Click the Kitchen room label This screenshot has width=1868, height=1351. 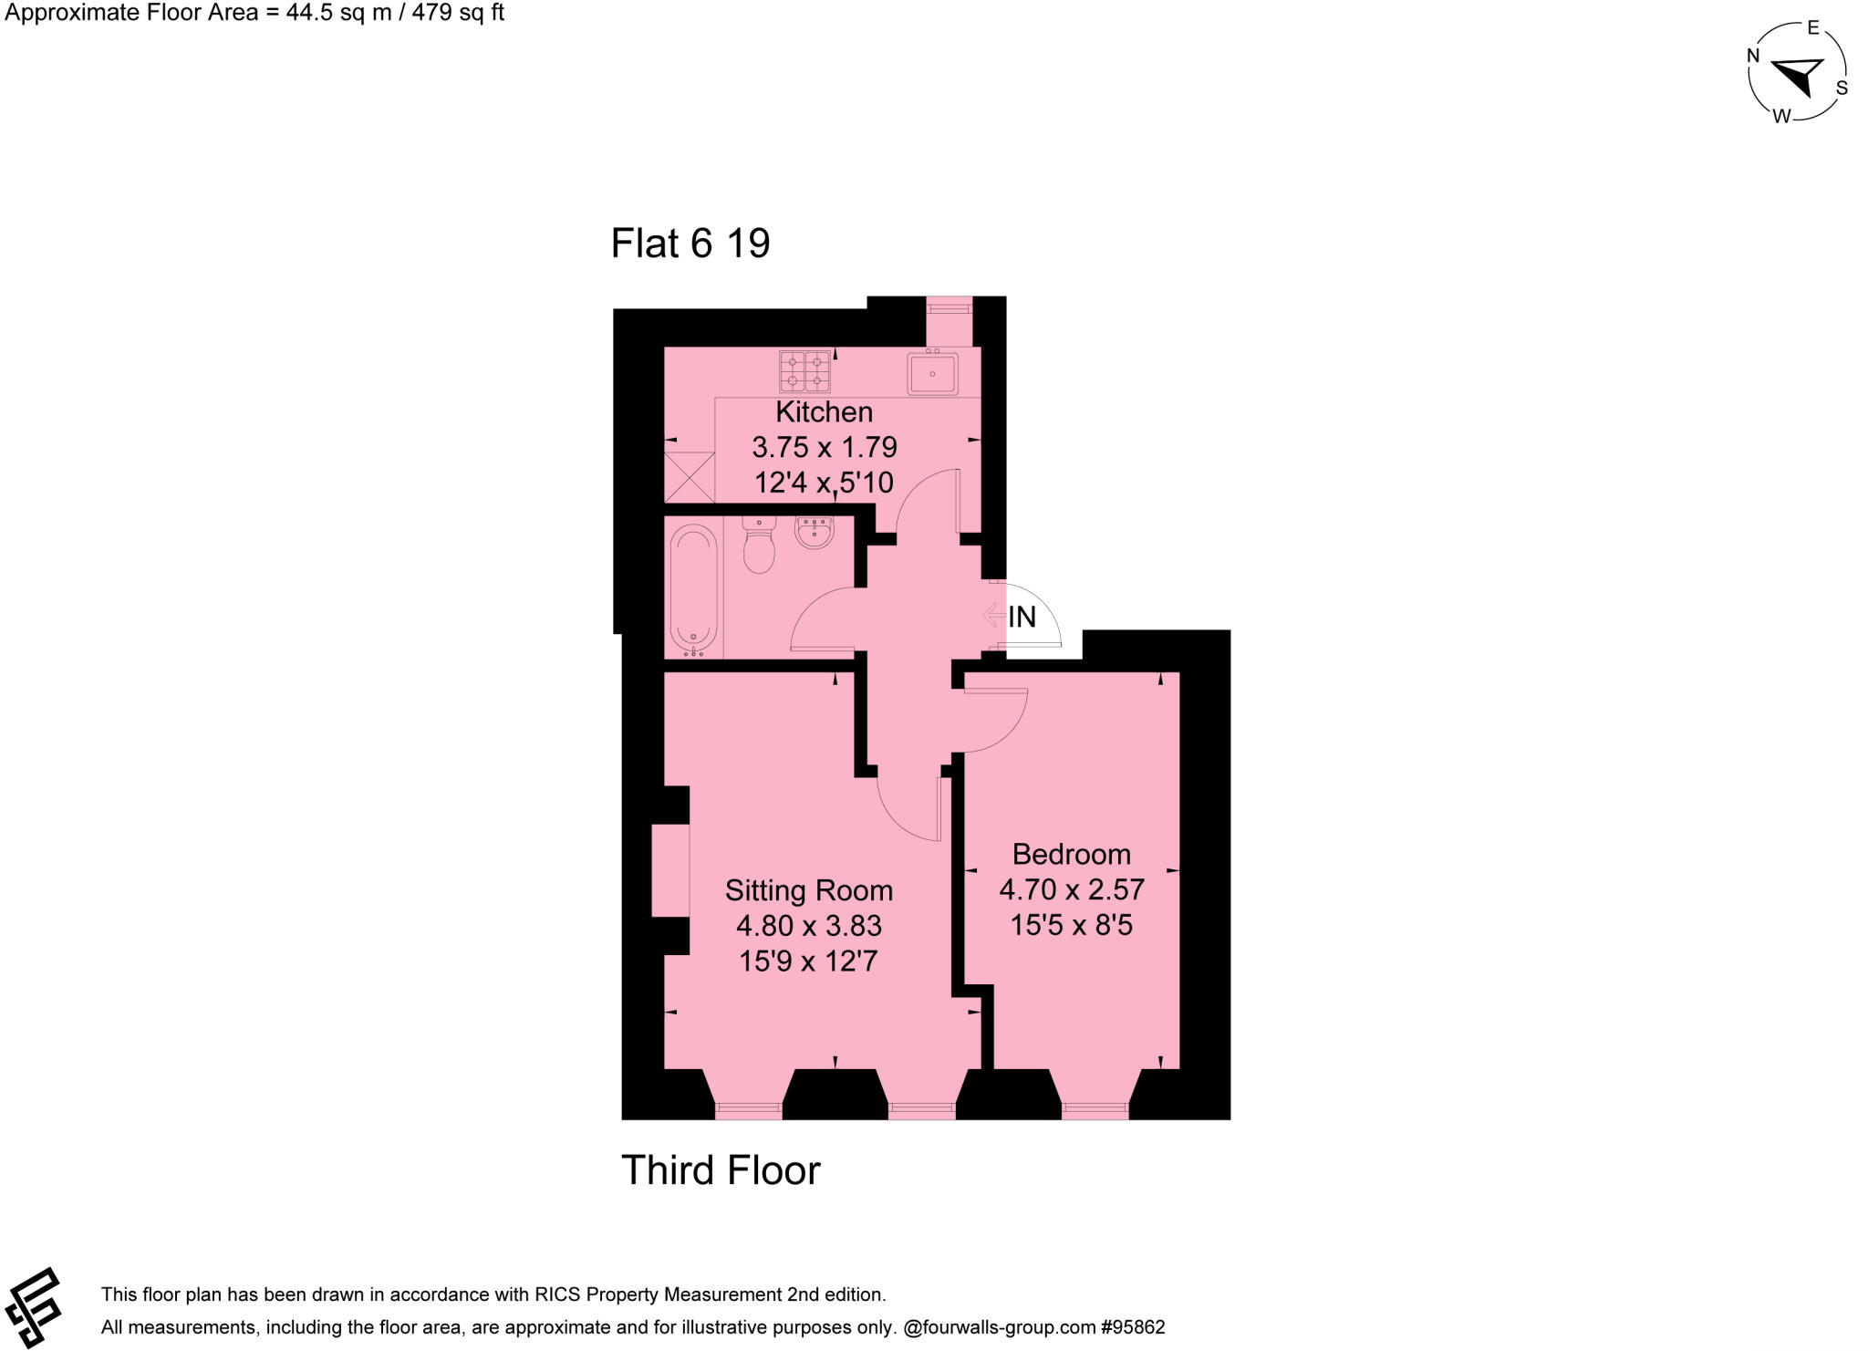[824, 412]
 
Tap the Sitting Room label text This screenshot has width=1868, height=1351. [808, 890]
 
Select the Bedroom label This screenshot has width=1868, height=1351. [1071, 855]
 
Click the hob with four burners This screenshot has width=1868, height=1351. [804, 371]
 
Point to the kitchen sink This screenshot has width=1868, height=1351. [932, 374]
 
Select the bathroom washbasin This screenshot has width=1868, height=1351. [814, 533]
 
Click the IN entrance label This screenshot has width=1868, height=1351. [1022, 618]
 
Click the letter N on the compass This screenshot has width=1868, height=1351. [1752, 56]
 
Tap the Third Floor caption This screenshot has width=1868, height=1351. [721, 1170]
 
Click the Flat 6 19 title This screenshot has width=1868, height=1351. [690, 244]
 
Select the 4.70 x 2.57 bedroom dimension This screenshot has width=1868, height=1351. [1071, 889]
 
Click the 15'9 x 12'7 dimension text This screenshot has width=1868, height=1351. [808, 961]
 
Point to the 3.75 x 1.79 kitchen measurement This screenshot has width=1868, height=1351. [824, 447]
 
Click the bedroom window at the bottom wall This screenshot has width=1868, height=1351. [1095, 1110]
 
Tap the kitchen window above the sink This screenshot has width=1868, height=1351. [950, 308]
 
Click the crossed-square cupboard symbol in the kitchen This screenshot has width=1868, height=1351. [690, 477]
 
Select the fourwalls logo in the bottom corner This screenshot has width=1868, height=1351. [33, 1307]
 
